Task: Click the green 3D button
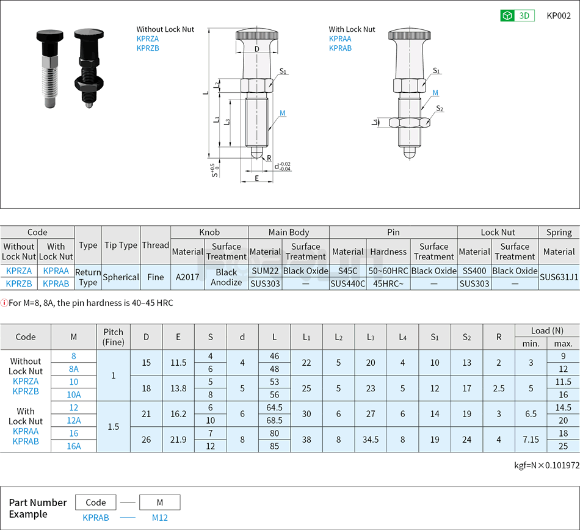click(517, 16)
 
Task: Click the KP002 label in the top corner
click(559, 16)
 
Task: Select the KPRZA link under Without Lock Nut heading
click(148, 38)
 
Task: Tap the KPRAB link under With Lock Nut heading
click(340, 48)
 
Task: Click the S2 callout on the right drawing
click(440, 109)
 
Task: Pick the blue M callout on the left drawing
click(283, 113)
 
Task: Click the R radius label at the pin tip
click(269, 158)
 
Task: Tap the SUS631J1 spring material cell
click(559, 277)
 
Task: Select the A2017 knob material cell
click(187, 277)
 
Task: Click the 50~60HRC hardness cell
click(388, 270)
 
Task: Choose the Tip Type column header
click(121, 245)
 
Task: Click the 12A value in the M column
click(74, 420)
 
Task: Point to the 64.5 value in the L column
click(274, 407)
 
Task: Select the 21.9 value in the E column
click(178, 440)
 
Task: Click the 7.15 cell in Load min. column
click(531, 440)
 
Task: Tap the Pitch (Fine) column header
click(114, 337)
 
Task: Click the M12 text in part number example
click(159, 518)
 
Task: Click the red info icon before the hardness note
click(4, 303)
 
